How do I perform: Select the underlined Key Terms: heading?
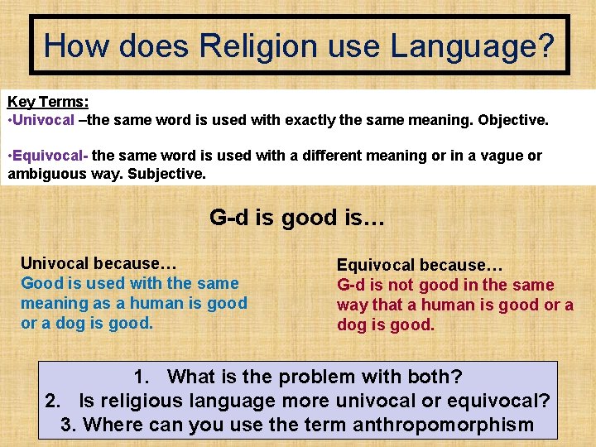(x=48, y=102)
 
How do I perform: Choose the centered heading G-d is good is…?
(x=297, y=218)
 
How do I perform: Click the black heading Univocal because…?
(x=99, y=264)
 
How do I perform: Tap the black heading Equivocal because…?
(x=420, y=266)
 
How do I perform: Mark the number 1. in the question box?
(x=142, y=377)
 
